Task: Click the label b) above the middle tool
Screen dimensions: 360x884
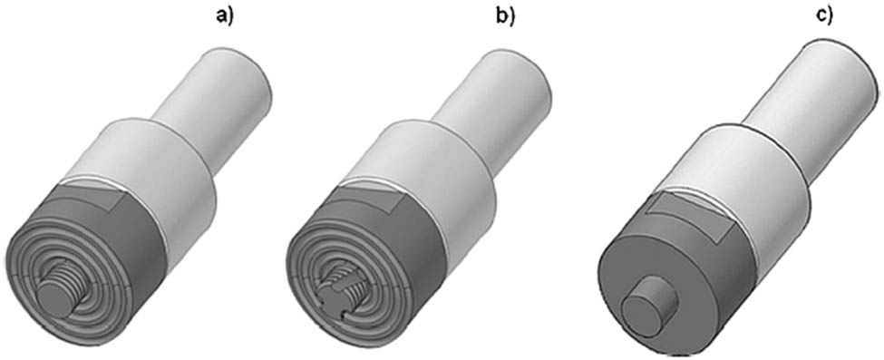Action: [505, 15]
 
